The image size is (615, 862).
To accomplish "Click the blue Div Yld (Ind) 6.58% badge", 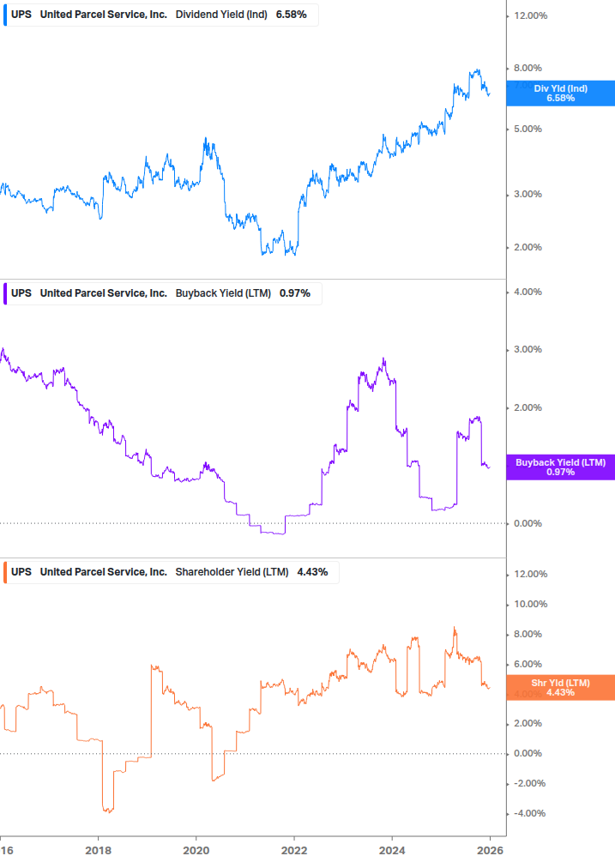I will click(560, 93).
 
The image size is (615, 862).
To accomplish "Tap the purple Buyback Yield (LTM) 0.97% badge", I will click(560, 467).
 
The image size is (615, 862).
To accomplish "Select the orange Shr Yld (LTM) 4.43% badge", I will click(560, 687).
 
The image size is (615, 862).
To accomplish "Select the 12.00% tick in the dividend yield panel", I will click(530, 15).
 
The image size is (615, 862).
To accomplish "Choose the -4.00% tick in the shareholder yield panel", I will click(529, 813).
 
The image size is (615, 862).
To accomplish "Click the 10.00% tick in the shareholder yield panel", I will click(530, 604).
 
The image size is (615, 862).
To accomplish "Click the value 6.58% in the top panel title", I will click(292, 15).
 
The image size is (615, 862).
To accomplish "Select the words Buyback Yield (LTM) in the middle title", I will click(223, 293).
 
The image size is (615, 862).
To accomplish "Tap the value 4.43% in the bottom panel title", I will click(312, 572).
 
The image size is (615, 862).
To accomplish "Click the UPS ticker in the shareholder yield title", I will click(21, 572).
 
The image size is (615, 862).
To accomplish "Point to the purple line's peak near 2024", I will click(383, 359).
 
